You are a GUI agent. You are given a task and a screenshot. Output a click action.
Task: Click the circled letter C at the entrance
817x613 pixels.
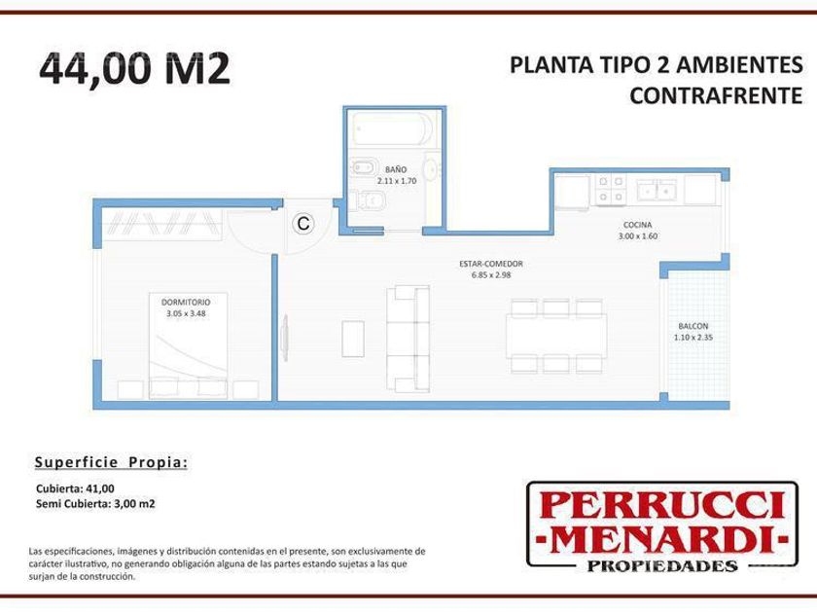[303, 224]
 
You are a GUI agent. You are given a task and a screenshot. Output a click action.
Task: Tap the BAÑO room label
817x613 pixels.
[396, 169]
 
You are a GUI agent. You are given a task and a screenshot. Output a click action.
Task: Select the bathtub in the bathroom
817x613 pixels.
[392, 128]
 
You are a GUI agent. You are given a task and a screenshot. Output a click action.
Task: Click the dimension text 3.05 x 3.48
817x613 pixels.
[186, 313]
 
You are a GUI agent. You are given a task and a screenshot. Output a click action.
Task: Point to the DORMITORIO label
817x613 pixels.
[186, 303]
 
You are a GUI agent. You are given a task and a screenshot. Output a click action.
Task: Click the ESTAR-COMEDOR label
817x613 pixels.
[491, 264]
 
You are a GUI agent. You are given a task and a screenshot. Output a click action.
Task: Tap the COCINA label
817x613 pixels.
[638, 225]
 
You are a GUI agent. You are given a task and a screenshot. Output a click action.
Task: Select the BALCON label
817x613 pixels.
[693, 326]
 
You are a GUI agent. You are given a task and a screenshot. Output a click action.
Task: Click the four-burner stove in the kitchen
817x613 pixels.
[611, 189]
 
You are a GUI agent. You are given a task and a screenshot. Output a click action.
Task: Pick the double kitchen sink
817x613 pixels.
[657, 189]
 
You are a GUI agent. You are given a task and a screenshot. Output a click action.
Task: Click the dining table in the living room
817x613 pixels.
[556, 337]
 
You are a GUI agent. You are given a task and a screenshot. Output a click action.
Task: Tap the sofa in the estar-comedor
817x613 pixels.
[408, 339]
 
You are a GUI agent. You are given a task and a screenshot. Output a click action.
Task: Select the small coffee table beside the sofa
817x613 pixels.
[353, 339]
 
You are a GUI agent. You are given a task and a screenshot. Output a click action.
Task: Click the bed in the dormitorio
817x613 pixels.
[188, 345]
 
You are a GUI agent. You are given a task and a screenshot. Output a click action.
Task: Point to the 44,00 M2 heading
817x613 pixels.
[134, 68]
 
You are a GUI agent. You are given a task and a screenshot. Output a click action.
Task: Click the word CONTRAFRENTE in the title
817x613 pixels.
[716, 95]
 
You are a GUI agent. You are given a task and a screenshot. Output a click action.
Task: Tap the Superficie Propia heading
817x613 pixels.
[111, 463]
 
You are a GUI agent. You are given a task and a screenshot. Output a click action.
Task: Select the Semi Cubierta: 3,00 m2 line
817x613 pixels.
[95, 504]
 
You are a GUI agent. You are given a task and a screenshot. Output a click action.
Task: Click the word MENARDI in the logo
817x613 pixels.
[661, 539]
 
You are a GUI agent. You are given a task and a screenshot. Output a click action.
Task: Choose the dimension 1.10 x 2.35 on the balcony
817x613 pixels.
[693, 338]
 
